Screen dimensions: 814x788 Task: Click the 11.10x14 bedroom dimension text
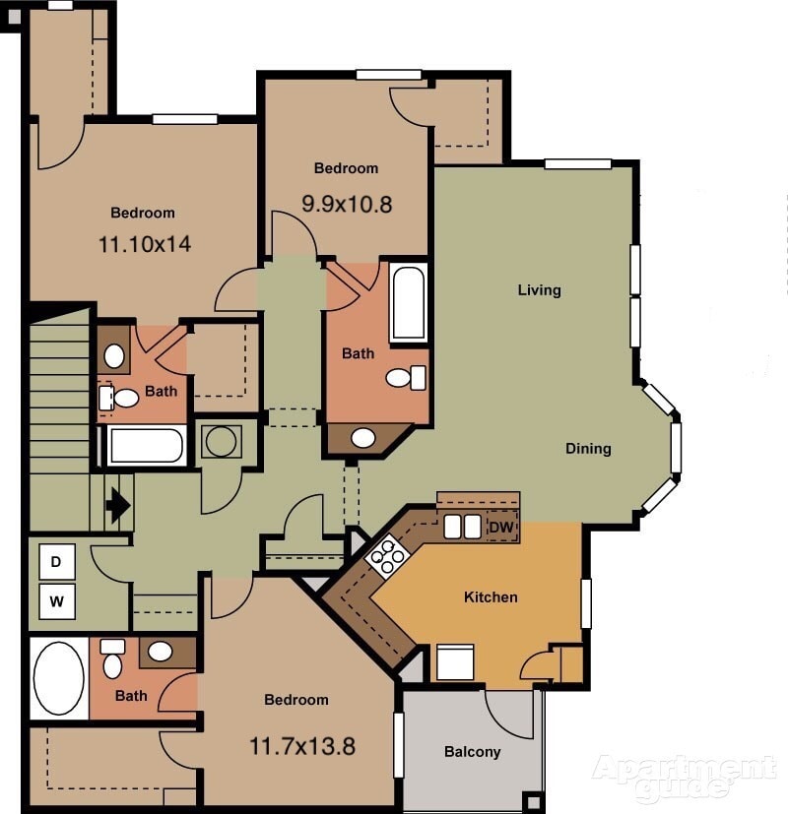click(x=145, y=244)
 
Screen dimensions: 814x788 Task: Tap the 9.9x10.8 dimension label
click(x=347, y=204)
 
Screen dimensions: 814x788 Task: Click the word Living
click(x=539, y=290)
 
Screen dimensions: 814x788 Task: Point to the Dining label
click(x=588, y=449)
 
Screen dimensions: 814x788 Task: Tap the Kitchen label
click(x=491, y=596)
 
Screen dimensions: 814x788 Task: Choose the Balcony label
click(x=472, y=752)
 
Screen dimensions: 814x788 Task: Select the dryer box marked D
click(x=57, y=562)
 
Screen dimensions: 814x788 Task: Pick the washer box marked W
click(x=57, y=599)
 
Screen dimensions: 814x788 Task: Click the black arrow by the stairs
click(x=118, y=506)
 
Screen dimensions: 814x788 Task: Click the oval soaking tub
click(x=58, y=678)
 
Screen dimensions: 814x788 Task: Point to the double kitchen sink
click(x=462, y=527)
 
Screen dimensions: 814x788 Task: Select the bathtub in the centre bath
click(x=408, y=302)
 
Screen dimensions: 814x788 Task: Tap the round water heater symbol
click(x=221, y=441)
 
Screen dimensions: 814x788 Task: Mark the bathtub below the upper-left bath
click(x=147, y=446)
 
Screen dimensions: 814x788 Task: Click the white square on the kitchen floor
click(x=455, y=661)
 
